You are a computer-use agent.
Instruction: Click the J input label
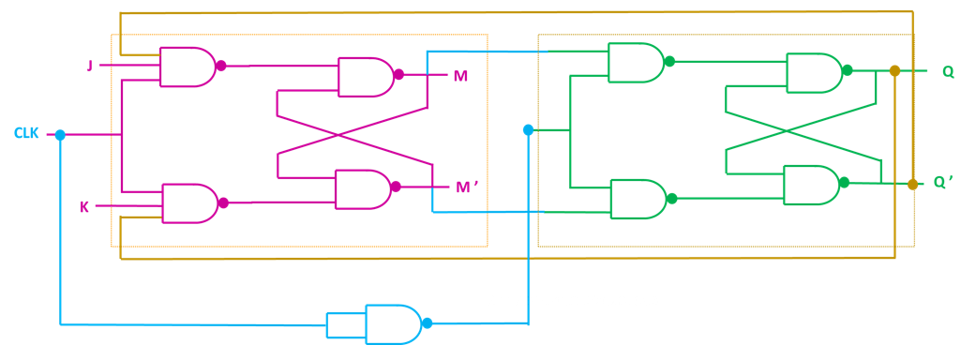click(x=90, y=66)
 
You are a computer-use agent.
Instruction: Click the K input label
click(x=84, y=206)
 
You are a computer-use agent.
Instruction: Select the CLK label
click(x=26, y=134)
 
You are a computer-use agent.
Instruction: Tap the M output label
click(x=460, y=76)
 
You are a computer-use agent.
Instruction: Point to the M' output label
click(x=467, y=187)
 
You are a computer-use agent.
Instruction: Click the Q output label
click(x=948, y=72)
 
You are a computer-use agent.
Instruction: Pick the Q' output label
click(x=942, y=183)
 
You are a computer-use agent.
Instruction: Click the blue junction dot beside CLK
click(x=60, y=135)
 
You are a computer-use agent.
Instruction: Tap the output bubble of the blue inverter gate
click(x=427, y=323)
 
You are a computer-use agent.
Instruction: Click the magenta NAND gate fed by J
click(x=187, y=67)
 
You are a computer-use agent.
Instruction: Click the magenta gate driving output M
click(x=364, y=77)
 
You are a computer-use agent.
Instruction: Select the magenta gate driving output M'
click(x=362, y=188)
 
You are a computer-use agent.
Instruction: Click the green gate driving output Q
click(x=812, y=72)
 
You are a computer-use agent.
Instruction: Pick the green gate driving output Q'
click(x=810, y=185)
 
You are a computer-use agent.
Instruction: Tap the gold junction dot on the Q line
click(x=894, y=71)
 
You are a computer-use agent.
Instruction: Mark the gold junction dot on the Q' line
click(x=912, y=185)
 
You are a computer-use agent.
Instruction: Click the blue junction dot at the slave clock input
click(x=528, y=129)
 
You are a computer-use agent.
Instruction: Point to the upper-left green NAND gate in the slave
click(x=635, y=62)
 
